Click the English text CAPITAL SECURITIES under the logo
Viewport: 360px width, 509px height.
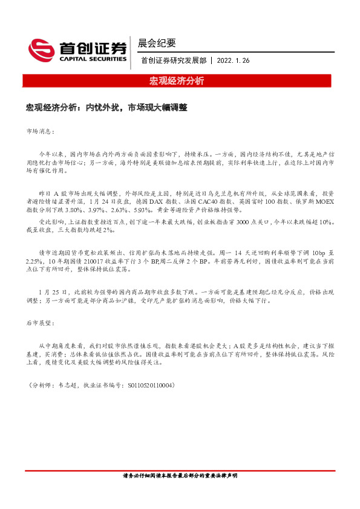coord(93,59)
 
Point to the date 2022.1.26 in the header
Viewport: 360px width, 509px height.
coord(233,60)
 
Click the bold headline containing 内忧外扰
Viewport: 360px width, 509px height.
coord(106,108)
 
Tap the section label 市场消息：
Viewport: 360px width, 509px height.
coord(41,131)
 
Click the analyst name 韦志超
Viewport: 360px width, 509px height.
coord(68,384)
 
